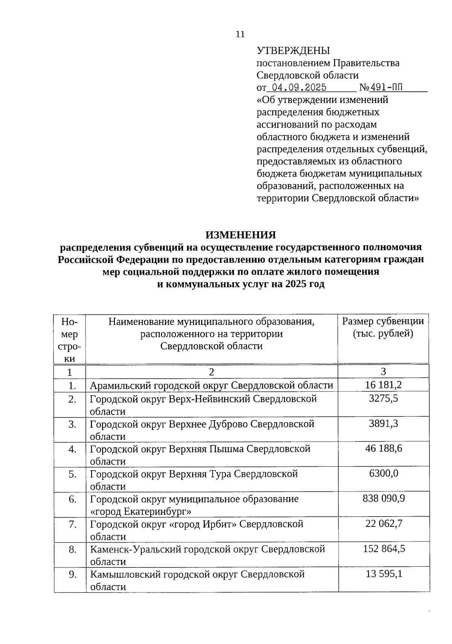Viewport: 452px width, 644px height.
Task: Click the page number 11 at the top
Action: pos(240,34)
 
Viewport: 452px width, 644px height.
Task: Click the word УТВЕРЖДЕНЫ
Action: pos(293,50)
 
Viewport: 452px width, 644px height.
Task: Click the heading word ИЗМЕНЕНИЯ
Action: pos(241,235)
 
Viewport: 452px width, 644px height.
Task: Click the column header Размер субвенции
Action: pos(383,321)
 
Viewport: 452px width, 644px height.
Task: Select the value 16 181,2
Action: pos(383,385)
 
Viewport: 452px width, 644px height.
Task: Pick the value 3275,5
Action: pos(383,399)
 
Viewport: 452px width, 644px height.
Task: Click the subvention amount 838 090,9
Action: pos(383,499)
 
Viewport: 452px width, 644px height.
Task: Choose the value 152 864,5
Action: pos(384,549)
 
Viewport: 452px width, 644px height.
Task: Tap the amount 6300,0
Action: pos(383,474)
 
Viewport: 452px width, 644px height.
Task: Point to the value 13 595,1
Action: pos(384,574)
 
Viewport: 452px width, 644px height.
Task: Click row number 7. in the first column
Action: pos(73,524)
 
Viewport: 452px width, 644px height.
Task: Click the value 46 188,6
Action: pos(383,448)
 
